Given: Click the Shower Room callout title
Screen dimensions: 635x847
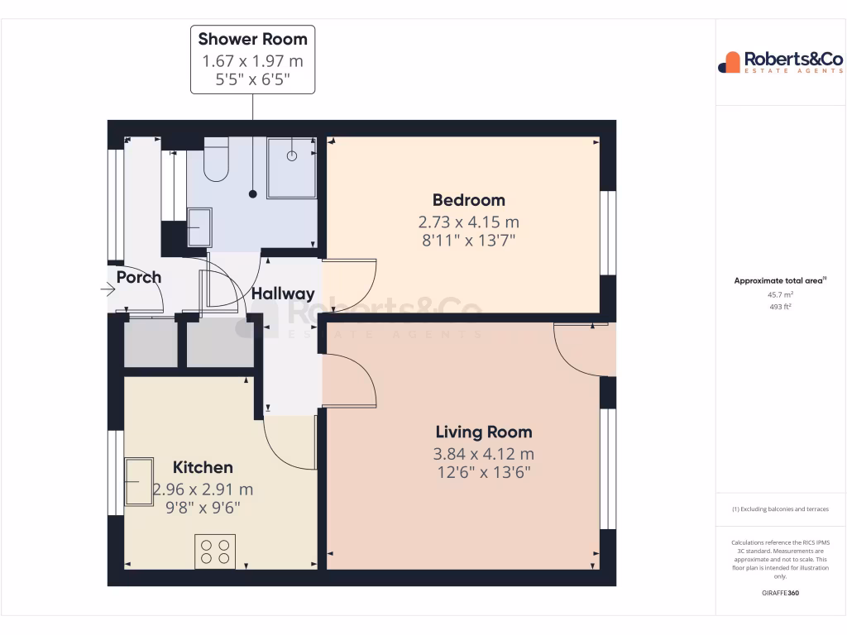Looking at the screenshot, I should click(252, 39).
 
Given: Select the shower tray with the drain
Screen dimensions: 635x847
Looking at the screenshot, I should click(291, 168).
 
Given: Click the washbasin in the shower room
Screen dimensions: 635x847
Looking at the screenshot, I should click(199, 227).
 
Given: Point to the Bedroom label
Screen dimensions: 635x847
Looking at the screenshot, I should click(468, 200).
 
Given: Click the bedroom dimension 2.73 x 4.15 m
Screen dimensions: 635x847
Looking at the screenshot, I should click(468, 222).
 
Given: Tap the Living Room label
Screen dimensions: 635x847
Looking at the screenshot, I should click(484, 432).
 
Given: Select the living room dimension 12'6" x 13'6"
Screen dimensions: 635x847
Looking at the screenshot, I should click(484, 473).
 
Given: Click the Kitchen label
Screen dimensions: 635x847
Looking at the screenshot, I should click(203, 467).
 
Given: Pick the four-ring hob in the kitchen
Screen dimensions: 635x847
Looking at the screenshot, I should click(215, 551).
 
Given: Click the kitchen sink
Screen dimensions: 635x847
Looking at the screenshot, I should click(139, 481).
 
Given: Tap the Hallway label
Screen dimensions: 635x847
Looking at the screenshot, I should click(283, 294).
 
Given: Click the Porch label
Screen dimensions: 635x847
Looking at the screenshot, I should click(139, 277).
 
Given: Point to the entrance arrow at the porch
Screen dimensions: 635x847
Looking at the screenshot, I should click(108, 289).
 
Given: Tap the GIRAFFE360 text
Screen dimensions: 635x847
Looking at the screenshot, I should click(781, 594).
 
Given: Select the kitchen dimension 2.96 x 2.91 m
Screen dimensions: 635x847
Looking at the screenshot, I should click(203, 489).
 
